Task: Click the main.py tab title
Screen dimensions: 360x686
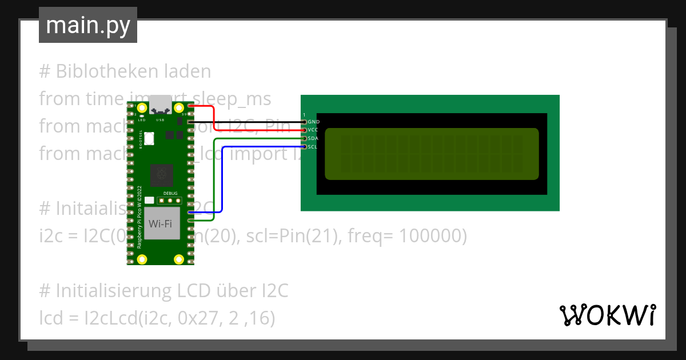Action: click(88, 25)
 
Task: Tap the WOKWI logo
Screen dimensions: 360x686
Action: click(607, 315)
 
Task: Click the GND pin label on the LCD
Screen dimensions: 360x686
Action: click(313, 122)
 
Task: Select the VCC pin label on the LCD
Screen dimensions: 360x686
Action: click(313, 130)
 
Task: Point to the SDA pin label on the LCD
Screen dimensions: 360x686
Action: click(313, 138)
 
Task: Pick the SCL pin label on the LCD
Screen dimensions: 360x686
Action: click(313, 147)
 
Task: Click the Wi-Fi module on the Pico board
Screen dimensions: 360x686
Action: click(161, 223)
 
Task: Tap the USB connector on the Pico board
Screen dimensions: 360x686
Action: click(160, 106)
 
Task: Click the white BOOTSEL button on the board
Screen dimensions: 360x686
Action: click(150, 138)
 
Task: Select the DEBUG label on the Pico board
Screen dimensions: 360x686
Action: click(170, 194)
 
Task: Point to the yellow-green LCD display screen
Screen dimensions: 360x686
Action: click(432, 154)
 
